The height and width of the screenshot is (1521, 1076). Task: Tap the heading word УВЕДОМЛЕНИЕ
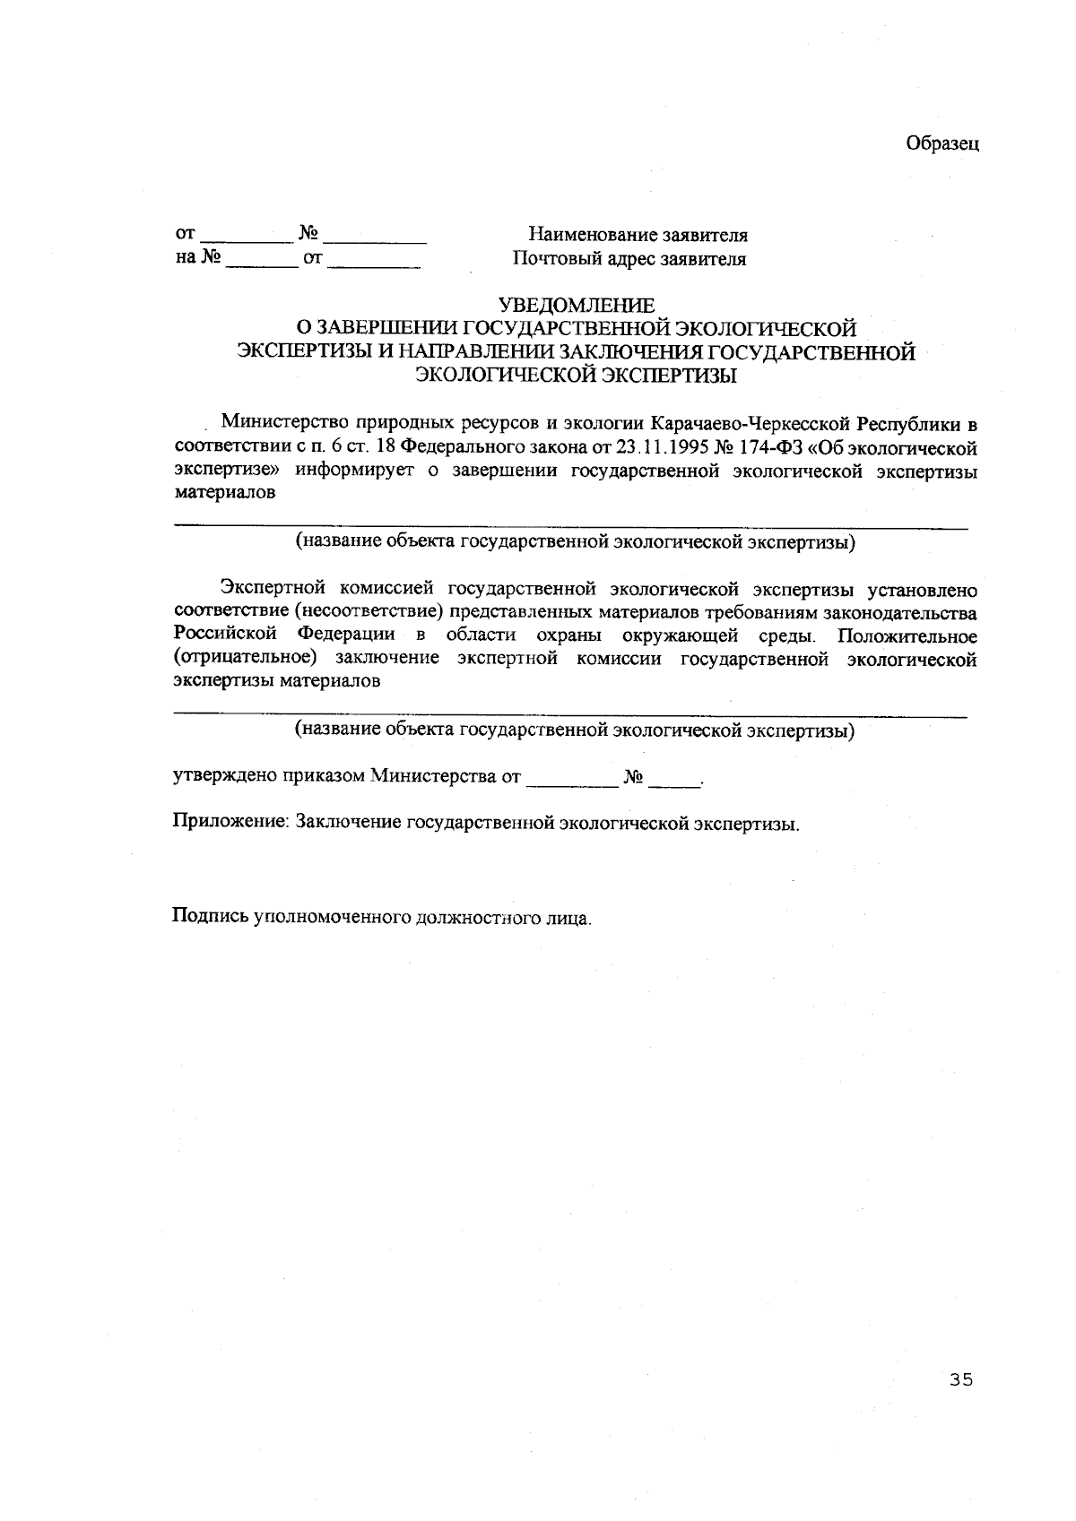click(x=577, y=307)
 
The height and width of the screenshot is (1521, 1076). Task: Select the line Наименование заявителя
click(x=638, y=236)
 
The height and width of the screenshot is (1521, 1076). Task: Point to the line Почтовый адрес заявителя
click(x=629, y=260)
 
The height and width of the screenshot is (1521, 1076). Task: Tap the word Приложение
click(x=230, y=823)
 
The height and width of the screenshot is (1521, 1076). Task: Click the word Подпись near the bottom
click(x=209, y=917)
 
